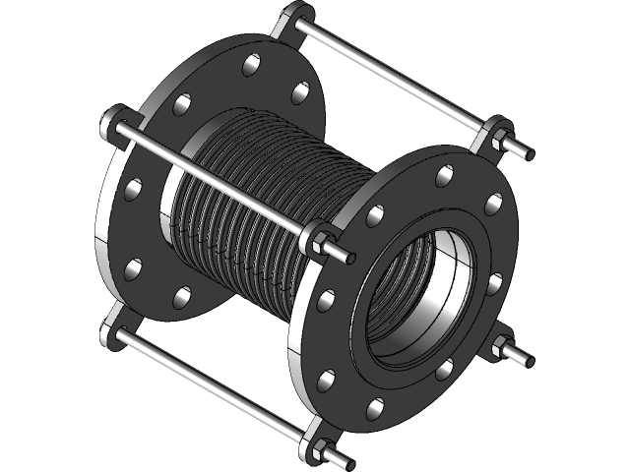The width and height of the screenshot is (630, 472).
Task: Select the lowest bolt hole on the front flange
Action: pos(371,406)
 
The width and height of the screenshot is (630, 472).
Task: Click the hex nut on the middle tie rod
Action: pos(321,237)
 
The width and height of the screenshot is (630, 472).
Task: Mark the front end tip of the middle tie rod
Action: pos(349,258)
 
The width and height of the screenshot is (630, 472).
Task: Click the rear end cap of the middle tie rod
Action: pos(106,125)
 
